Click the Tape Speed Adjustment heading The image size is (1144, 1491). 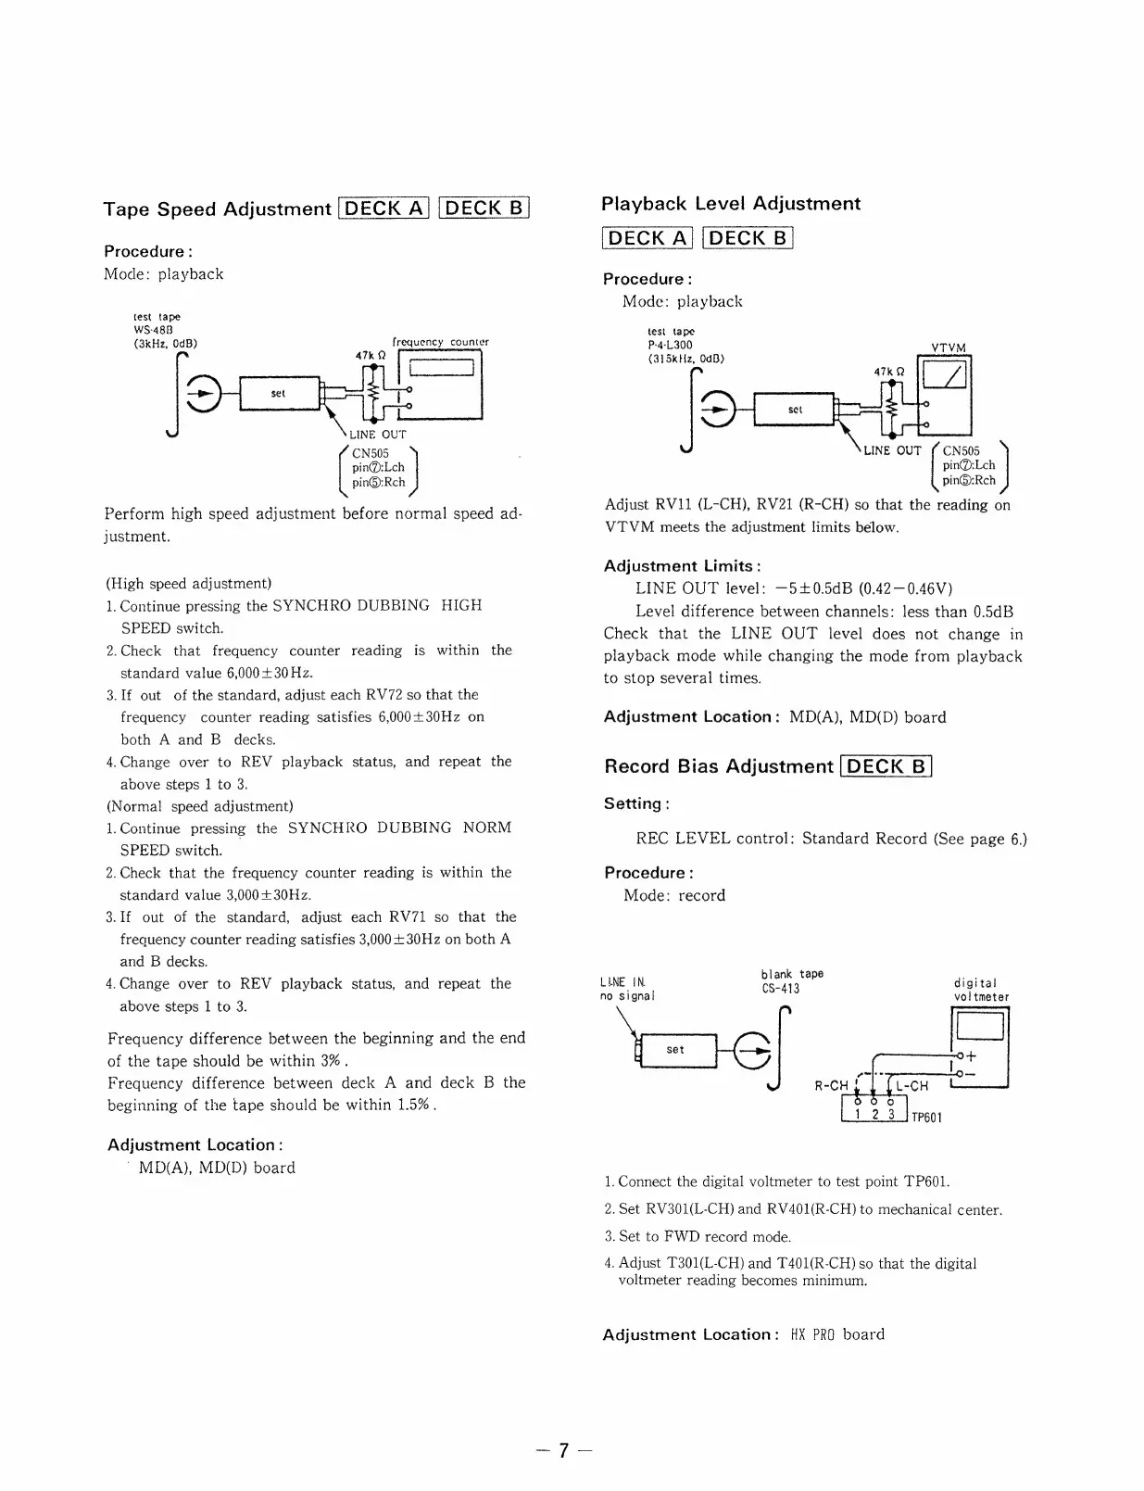[x=217, y=209]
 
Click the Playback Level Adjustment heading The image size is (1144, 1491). [x=731, y=204]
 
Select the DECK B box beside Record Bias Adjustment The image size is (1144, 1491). [x=886, y=766]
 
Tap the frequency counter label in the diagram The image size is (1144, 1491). [x=440, y=342]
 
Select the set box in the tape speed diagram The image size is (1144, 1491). [x=278, y=394]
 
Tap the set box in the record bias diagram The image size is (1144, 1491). [x=676, y=1050]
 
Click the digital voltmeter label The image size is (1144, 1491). [x=980, y=990]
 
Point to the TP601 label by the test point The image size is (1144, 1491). [x=926, y=1118]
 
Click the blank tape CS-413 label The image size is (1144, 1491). [x=790, y=980]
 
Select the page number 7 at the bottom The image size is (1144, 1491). [x=563, y=1451]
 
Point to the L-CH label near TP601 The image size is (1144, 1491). [x=911, y=1086]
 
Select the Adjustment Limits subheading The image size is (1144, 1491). [x=682, y=566]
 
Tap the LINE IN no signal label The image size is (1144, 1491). [x=627, y=989]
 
